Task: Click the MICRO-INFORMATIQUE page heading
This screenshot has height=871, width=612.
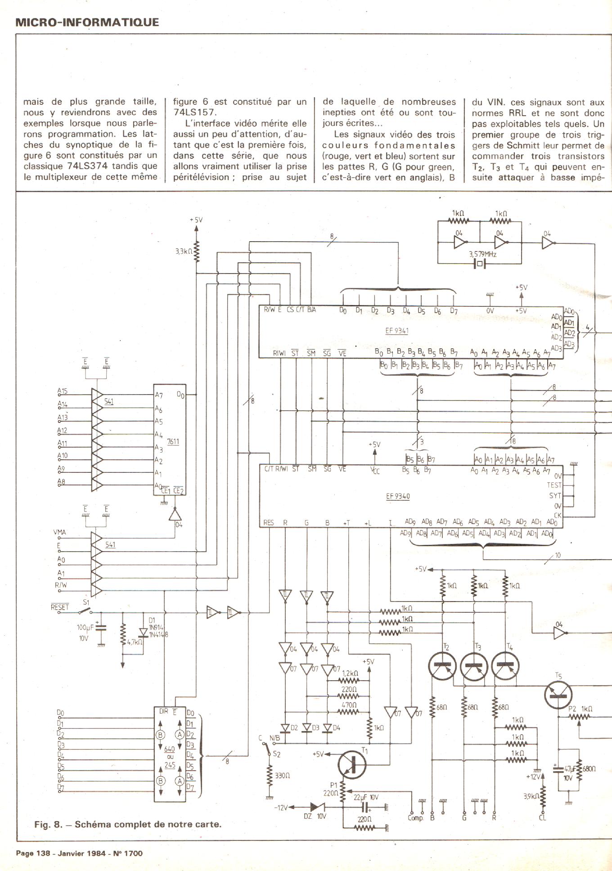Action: [87, 22]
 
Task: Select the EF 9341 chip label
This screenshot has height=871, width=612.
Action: [396, 331]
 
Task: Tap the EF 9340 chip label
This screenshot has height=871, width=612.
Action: [398, 496]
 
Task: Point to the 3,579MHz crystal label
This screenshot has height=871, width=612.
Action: [482, 254]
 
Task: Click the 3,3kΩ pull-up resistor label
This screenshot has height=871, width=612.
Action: [184, 251]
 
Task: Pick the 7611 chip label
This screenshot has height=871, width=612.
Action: [173, 441]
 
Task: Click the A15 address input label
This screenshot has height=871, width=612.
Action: [63, 391]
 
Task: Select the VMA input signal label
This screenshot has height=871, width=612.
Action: [59, 532]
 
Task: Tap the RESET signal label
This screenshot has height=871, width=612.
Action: [60, 607]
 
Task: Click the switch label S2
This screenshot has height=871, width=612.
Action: [276, 754]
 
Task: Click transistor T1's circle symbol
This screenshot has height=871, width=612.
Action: [352, 764]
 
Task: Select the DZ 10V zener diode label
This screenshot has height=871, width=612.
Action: [315, 816]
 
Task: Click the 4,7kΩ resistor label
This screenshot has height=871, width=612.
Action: [135, 642]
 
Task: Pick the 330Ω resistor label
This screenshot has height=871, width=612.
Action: [282, 775]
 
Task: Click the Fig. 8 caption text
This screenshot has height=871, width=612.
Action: [128, 825]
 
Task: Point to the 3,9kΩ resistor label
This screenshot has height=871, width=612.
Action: [531, 796]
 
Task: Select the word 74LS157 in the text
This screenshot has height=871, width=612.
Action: [195, 112]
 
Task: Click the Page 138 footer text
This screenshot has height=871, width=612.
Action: [79, 853]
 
